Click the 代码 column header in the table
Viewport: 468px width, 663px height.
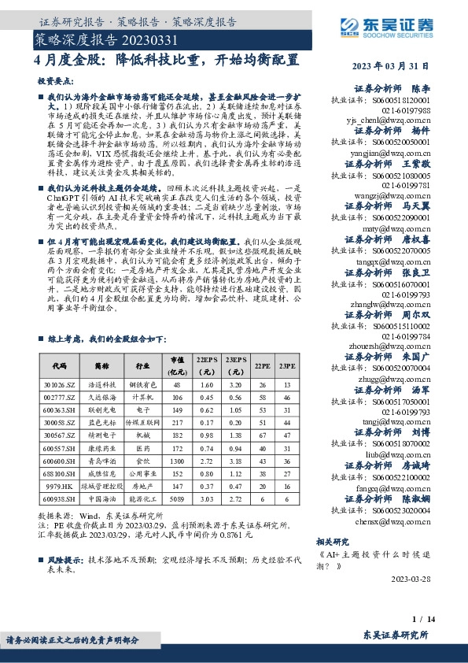[59, 366]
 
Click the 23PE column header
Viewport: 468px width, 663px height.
[287, 366]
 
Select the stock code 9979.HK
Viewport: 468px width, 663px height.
[59, 487]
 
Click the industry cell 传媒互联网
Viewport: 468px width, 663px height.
[143, 423]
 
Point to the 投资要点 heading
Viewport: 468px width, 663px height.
[53, 81]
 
